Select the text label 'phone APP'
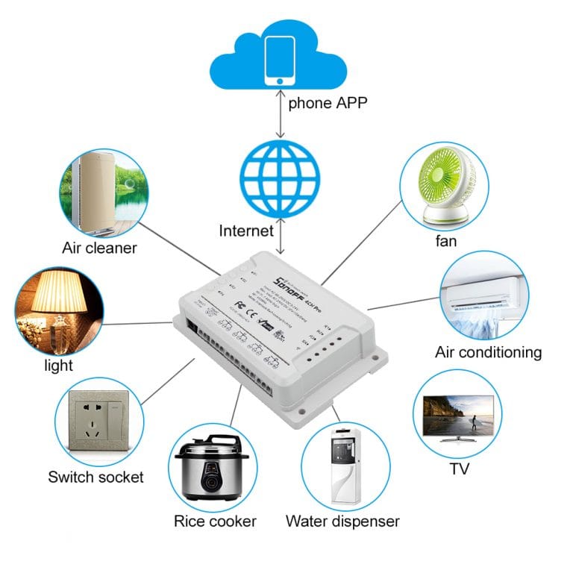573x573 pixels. point(328,103)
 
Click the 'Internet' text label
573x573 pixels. point(246,231)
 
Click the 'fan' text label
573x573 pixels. point(446,241)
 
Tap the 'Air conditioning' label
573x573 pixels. point(488,351)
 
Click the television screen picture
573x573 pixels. point(457,414)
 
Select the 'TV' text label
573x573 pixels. point(459,469)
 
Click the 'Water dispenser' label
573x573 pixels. point(342,521)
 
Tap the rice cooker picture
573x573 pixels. point(212,468)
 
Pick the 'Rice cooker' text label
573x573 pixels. point(215,521)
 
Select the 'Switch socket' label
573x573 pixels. point(95,477)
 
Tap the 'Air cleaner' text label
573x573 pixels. point(99,248)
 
